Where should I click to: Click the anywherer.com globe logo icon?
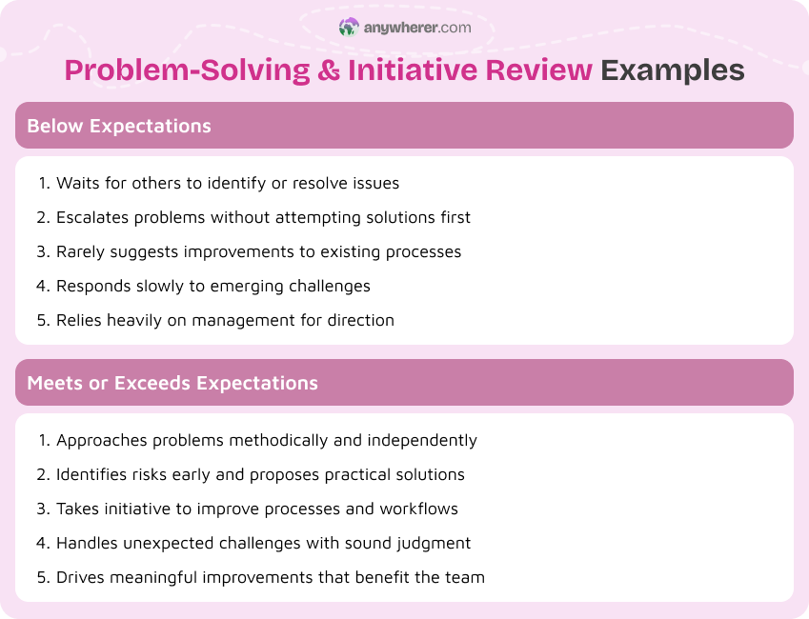click(x=349, y=28)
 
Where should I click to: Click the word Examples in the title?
click(x=673, y=70)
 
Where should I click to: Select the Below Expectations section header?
click(x=119, y=126)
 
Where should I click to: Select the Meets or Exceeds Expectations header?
click(x=172, y=383)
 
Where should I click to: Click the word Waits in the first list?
click(x=76, y=183)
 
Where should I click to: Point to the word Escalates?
click(x=92, y=217)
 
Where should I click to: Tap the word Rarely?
click(x=80, y=251)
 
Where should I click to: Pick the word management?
click(x=242, y=320)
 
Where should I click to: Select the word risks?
click(x=157, y=474)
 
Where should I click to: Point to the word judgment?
click(x=432, y=543)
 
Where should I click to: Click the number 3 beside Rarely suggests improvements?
click(x=42, y=251)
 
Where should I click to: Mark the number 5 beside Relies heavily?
click(x=42, y=320)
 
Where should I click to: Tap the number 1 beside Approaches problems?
click(x=42, y=440)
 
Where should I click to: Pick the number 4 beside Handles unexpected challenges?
click(x=42, y=543)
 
